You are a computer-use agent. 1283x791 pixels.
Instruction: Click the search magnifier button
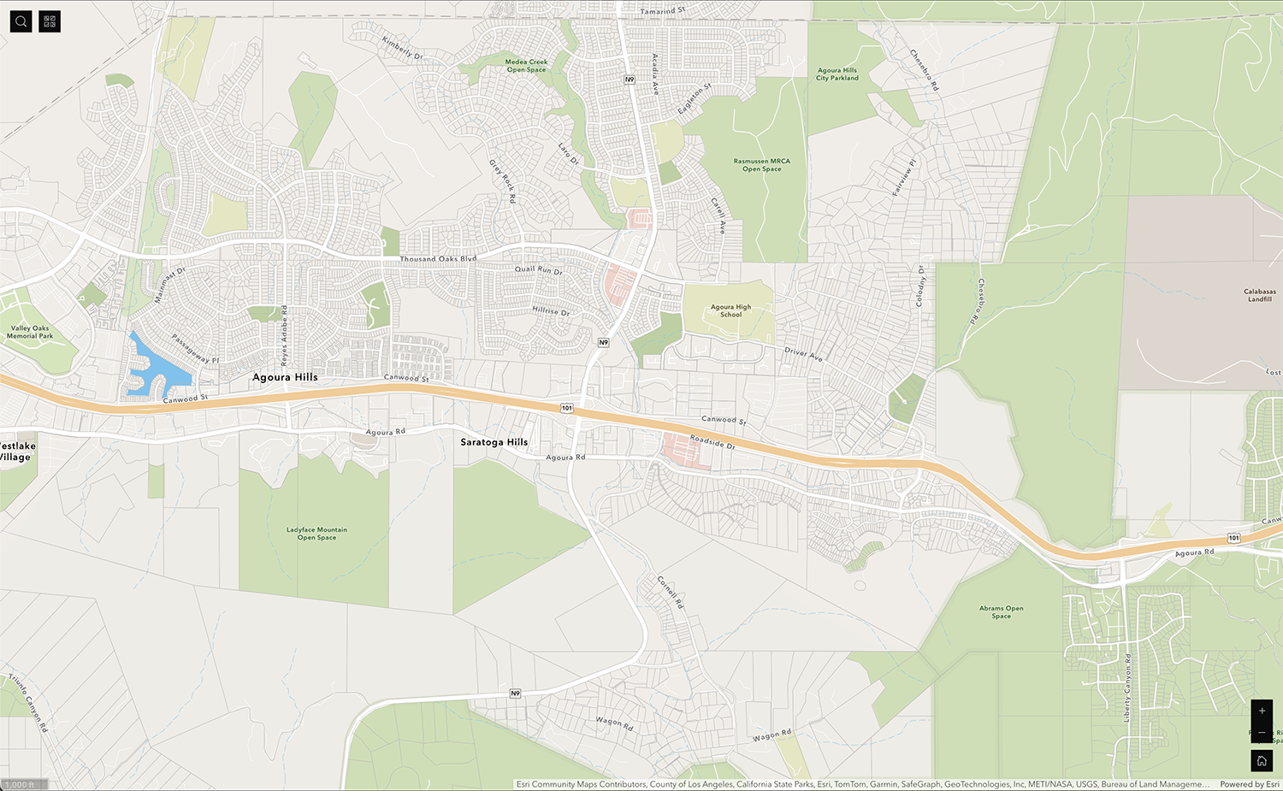(x=21, y=21)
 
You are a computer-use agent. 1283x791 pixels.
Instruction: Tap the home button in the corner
(x=1262, y=760)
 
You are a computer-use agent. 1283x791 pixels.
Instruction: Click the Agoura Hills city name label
(x=285, y=377)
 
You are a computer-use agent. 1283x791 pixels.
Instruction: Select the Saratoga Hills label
(x=494, y=442)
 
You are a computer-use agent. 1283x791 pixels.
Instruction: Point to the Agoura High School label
(x=730, y=310)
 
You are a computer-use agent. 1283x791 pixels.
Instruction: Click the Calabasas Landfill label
(x=1259, y=295)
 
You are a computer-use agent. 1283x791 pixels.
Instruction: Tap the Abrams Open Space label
(x=1001, y=612)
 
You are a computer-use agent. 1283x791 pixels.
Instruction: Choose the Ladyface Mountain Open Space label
(x=316, y=534)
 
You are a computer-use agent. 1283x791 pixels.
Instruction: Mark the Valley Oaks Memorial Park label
(x=30, y=332)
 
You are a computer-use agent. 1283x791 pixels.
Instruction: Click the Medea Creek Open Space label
(x=526, y=66)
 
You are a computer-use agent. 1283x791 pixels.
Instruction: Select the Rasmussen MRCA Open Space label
(x=761, y=165)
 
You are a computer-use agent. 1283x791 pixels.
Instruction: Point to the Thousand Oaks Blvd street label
(x=438, y=258)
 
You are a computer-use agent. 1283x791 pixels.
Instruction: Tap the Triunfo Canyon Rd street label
(x=29, y=703)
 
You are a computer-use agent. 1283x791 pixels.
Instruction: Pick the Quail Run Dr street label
(x=538, y=269)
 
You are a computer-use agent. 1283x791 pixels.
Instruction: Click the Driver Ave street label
(x=803, y=354)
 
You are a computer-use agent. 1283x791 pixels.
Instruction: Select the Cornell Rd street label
(x=671, y=592)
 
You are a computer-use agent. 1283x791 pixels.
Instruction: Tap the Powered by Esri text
(x=1249, y=784)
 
